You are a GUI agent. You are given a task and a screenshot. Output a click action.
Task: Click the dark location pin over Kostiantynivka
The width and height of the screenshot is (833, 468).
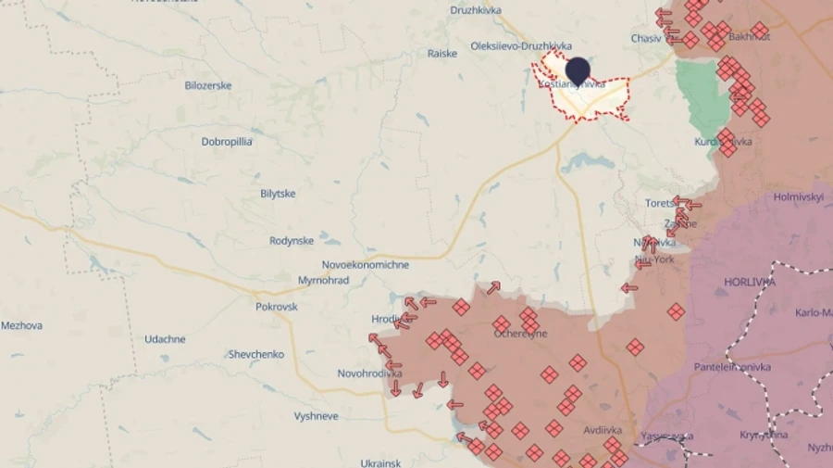point(578,70)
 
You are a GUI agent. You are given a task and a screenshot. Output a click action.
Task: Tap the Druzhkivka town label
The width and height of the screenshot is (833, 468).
point(475,10)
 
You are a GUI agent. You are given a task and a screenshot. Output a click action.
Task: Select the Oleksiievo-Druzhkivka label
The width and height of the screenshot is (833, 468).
point(521,45)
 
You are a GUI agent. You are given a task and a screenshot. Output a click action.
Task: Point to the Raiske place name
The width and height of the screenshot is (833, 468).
point(442,53)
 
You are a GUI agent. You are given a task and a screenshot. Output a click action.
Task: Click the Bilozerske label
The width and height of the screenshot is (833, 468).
point(208,85)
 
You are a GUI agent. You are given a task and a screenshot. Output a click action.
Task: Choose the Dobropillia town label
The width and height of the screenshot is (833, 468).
point(228,142)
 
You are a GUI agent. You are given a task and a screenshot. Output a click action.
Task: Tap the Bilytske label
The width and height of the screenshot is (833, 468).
point(278,193)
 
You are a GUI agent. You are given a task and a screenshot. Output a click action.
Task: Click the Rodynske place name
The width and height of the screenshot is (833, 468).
point(292,241)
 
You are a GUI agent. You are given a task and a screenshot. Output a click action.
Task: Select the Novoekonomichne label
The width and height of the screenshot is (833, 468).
point(366,264)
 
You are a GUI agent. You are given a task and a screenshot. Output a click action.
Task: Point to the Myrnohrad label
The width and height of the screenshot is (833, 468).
point(323,280)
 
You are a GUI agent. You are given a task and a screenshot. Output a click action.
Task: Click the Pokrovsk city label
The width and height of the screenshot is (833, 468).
point(277,306)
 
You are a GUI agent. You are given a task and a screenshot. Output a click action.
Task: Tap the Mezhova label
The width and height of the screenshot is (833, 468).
point(21,325)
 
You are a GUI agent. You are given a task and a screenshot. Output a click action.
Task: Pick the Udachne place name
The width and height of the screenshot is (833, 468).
point(165,339)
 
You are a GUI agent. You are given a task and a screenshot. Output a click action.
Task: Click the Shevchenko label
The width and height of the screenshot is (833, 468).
point(256,354)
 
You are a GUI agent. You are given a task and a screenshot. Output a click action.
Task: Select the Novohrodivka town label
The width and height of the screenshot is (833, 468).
point(369,373)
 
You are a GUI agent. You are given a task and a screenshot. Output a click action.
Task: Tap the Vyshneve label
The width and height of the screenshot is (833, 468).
point(316,416)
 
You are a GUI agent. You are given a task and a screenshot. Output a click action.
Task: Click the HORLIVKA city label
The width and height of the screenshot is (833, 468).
point(750,281)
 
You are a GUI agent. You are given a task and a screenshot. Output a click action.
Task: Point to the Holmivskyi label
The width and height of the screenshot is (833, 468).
point(798,196)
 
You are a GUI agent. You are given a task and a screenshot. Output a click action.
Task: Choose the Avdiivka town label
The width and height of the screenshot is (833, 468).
point(603,430)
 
